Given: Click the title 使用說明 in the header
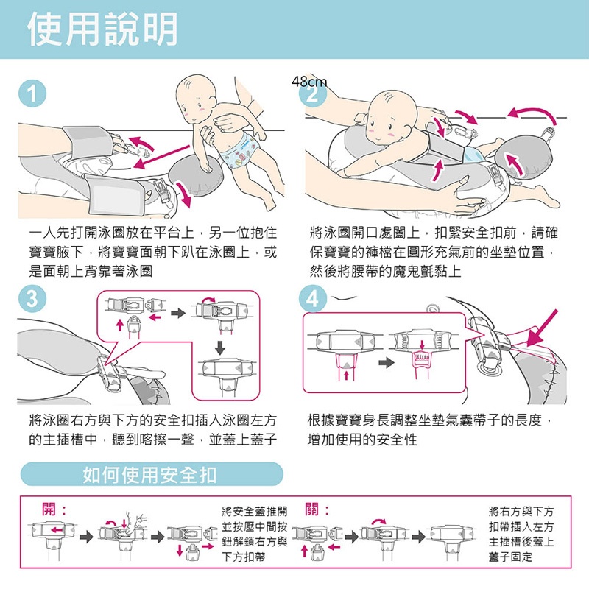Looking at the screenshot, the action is click(x=102, y=29).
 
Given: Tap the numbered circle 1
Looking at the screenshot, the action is click(x=32, y=94).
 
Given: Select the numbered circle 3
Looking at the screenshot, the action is click(x=32, y=300).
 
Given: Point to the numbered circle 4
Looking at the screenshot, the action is click(x=312, y=300).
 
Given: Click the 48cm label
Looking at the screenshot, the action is click(x=309, y=82).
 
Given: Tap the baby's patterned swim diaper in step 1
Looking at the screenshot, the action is click(x=239, y=151).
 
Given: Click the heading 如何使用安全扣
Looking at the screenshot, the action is click(x=149, y=475).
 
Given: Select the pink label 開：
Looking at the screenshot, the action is click(x=54, y=509).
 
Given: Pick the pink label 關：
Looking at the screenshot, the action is click(x=317, y=509).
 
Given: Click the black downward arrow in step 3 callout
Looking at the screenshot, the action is click(x=220, y=348).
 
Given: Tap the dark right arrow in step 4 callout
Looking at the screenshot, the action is click(x=387, y=362).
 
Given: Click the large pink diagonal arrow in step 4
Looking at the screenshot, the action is click(x=542, y=328).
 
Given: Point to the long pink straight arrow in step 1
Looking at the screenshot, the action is click(x=162, y=158).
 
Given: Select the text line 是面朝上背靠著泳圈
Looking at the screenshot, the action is click(x=91, y=271).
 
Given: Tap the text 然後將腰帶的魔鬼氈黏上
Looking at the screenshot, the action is click(x=385, y=271).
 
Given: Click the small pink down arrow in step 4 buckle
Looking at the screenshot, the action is click(x=422, y=345).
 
